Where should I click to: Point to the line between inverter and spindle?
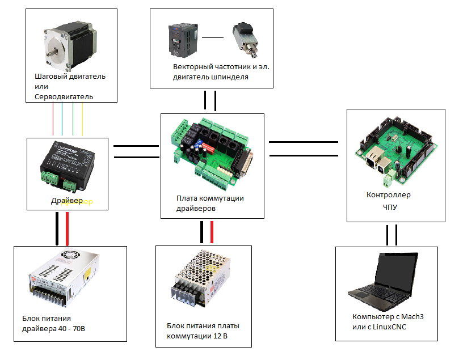pos(213,38)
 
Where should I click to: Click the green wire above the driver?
pos(73,120)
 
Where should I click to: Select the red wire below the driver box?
pos(68,229)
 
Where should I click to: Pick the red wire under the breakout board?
pos(212,232)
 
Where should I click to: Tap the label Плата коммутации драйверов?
pos(209,203)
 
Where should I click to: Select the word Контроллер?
pos(388,195)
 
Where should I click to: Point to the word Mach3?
pos(411,316)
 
